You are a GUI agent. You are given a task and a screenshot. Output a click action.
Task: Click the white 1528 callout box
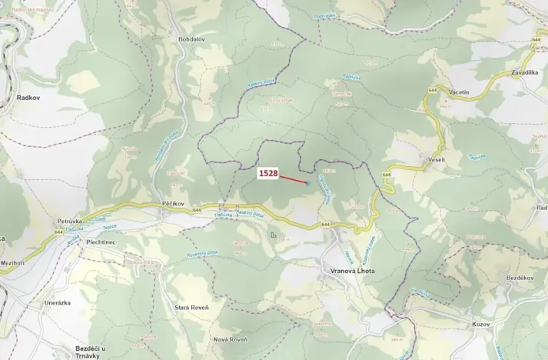click(x=268, y=174)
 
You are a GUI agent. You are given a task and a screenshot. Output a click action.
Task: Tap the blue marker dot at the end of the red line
click(x=308, y=183)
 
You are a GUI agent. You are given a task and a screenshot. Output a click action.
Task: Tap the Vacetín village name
click(x=458, y=92)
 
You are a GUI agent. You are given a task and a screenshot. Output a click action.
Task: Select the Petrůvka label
click(x=69, y=221)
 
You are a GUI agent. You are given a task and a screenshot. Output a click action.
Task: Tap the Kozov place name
click(x=481, y=325)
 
